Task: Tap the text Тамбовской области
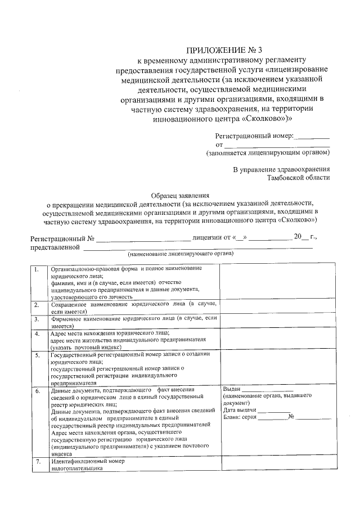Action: pos(299,178)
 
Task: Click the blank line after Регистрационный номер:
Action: pos(313,137)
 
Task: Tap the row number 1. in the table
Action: pos(37,269)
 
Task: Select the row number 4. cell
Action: pos(37,334)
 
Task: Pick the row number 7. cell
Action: pos(37,462)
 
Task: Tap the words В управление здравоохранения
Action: pos(281,169)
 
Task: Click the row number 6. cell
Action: pos(37,389)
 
